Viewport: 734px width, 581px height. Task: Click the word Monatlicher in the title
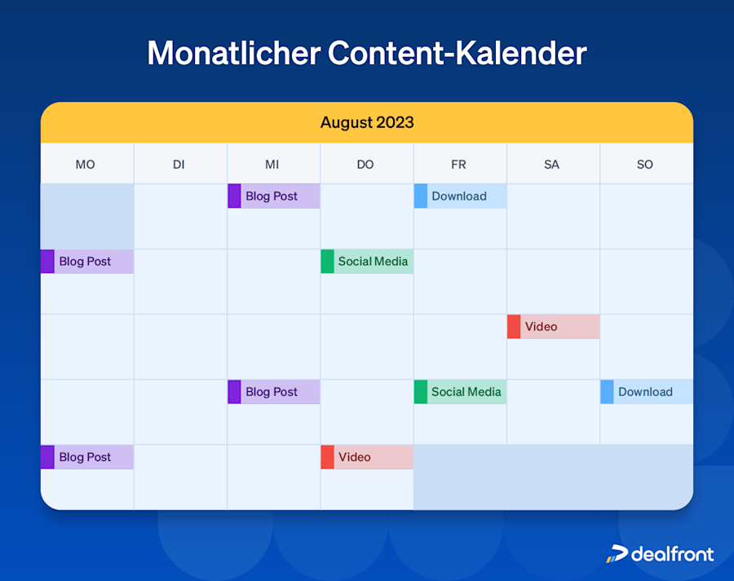[x=233, y=53]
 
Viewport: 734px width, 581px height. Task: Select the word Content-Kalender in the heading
[x=457, y=53]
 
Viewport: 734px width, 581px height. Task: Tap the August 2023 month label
[x=367, y=123]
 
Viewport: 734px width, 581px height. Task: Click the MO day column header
[x=86, y=165]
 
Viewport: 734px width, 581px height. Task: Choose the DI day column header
[x=179, y=165]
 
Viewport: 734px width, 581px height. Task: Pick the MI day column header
[x=272, y=165]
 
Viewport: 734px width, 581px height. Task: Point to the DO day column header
[x=365, y=165]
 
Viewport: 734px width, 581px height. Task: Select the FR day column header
[x=458, y=165]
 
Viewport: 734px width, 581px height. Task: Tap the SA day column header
[x=552, y=165]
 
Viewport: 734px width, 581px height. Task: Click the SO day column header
[x=645, y=165]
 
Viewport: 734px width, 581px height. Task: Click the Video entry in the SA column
[x=554, y=327]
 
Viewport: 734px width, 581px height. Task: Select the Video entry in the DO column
[x=367, y=457]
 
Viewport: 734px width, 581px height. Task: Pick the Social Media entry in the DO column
[x=367, y=262]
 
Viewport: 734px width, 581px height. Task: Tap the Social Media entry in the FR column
[x=461, y=392]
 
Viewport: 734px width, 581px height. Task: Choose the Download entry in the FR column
[x=461, y=196]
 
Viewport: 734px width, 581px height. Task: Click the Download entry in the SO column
[x=647, y=392]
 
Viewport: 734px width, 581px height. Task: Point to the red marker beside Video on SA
[x=514, y=327]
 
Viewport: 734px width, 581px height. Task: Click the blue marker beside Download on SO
[x=607, y=392]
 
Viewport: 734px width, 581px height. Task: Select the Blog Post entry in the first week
[x=274, y=196]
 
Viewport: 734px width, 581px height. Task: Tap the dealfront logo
[x=660, y=554]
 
